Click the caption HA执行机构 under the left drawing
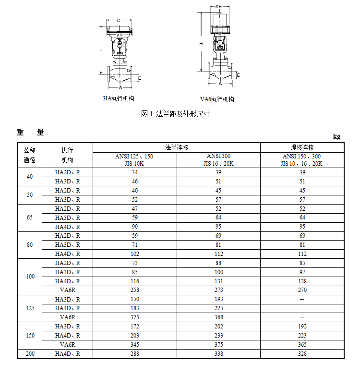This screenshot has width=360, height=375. (x=119, y=98)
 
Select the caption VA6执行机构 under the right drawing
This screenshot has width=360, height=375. (x=217, y=99)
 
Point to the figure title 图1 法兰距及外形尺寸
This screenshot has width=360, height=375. (x=175, y=114)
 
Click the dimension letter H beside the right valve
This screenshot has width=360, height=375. (x=201, y=44)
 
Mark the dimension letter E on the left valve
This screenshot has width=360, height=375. (x=140, y=78)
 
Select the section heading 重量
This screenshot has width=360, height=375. (x=30, y=132)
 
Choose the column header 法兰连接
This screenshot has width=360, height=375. (x=177, y=147)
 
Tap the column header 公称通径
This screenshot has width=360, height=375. (x=30, y=155)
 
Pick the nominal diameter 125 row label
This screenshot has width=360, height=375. (x=30, y=308)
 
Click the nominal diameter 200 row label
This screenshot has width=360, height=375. (x=30, y=354)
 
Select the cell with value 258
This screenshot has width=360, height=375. (x=135, y=290)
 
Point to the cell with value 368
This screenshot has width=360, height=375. (x=218, y=317)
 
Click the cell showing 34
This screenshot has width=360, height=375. (x=135, y=172)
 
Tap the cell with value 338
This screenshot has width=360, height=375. (x=218, y=354)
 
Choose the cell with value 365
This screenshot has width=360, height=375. (x=302, y=345)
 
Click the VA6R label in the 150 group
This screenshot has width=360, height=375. (x=68, y=345)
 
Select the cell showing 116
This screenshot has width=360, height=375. (x=135, y=281)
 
